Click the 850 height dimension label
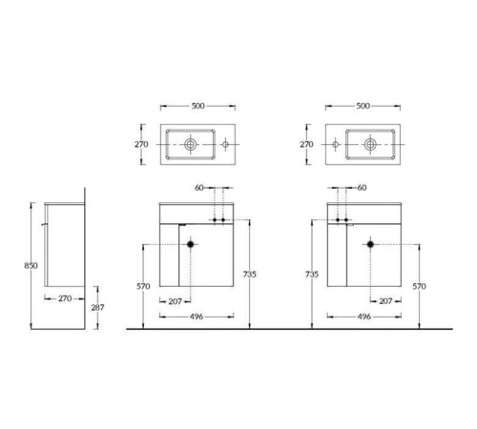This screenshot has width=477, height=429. coord(31,265)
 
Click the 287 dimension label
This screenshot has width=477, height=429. coord(97,307)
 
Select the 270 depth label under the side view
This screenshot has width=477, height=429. coord(65,298)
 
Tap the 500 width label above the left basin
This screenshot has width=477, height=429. coord(197,106)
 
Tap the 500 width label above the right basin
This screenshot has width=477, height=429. coord(363,106)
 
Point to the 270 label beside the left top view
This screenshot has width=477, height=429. coord(141,144)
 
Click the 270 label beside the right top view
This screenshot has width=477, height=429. coord(306,144)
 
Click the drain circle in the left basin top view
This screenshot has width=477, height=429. coord(190,144)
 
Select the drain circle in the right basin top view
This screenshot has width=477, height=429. coord(370,144)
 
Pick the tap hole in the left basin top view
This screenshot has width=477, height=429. coord(225,144)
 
